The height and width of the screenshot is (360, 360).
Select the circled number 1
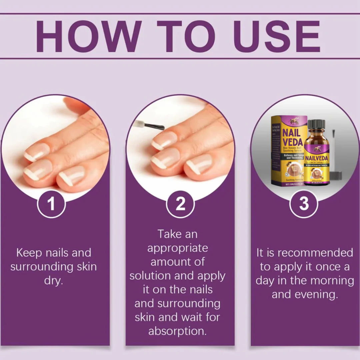51,204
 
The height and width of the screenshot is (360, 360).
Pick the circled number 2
180,204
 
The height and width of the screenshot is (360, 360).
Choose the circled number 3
304,204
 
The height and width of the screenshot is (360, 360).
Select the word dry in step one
53,281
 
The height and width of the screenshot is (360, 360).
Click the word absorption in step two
177,331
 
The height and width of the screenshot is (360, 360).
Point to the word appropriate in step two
177,248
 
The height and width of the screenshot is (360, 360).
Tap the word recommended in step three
315,253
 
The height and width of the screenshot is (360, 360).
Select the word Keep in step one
29,253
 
